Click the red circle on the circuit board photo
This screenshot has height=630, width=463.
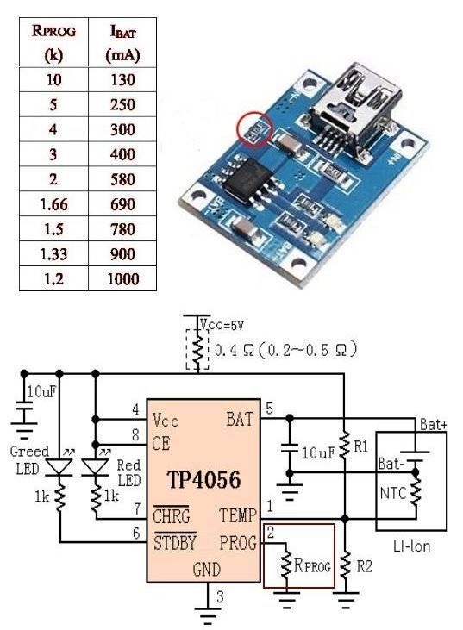tap(253, 129)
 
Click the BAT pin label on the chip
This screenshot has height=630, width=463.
tap(239, 420)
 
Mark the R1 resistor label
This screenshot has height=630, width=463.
tap(360, 447)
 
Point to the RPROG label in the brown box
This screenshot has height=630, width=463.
tap(311, 567)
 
